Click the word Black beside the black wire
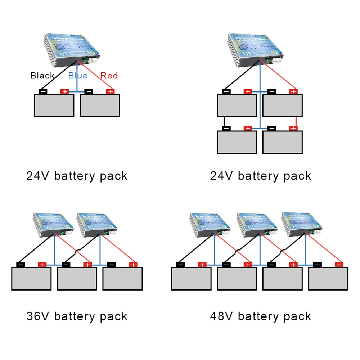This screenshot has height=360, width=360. (42, 76)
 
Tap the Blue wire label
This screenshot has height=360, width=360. (78, 76)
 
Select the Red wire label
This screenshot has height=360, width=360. (109, 76)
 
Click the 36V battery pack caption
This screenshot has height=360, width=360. (77, 316)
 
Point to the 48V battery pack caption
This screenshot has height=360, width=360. (261, 316)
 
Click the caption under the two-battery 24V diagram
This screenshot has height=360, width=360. (77, 176)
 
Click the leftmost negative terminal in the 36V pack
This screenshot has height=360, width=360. (21, 265)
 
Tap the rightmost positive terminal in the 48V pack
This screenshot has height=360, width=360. (338, 265)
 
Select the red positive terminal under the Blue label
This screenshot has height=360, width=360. (65, 91)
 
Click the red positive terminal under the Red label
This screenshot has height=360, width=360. (110, 91)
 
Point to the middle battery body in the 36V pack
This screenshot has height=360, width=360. (77, 279)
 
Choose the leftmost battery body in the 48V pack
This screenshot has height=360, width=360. (191, 279)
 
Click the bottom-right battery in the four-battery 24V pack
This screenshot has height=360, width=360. (283, 142)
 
